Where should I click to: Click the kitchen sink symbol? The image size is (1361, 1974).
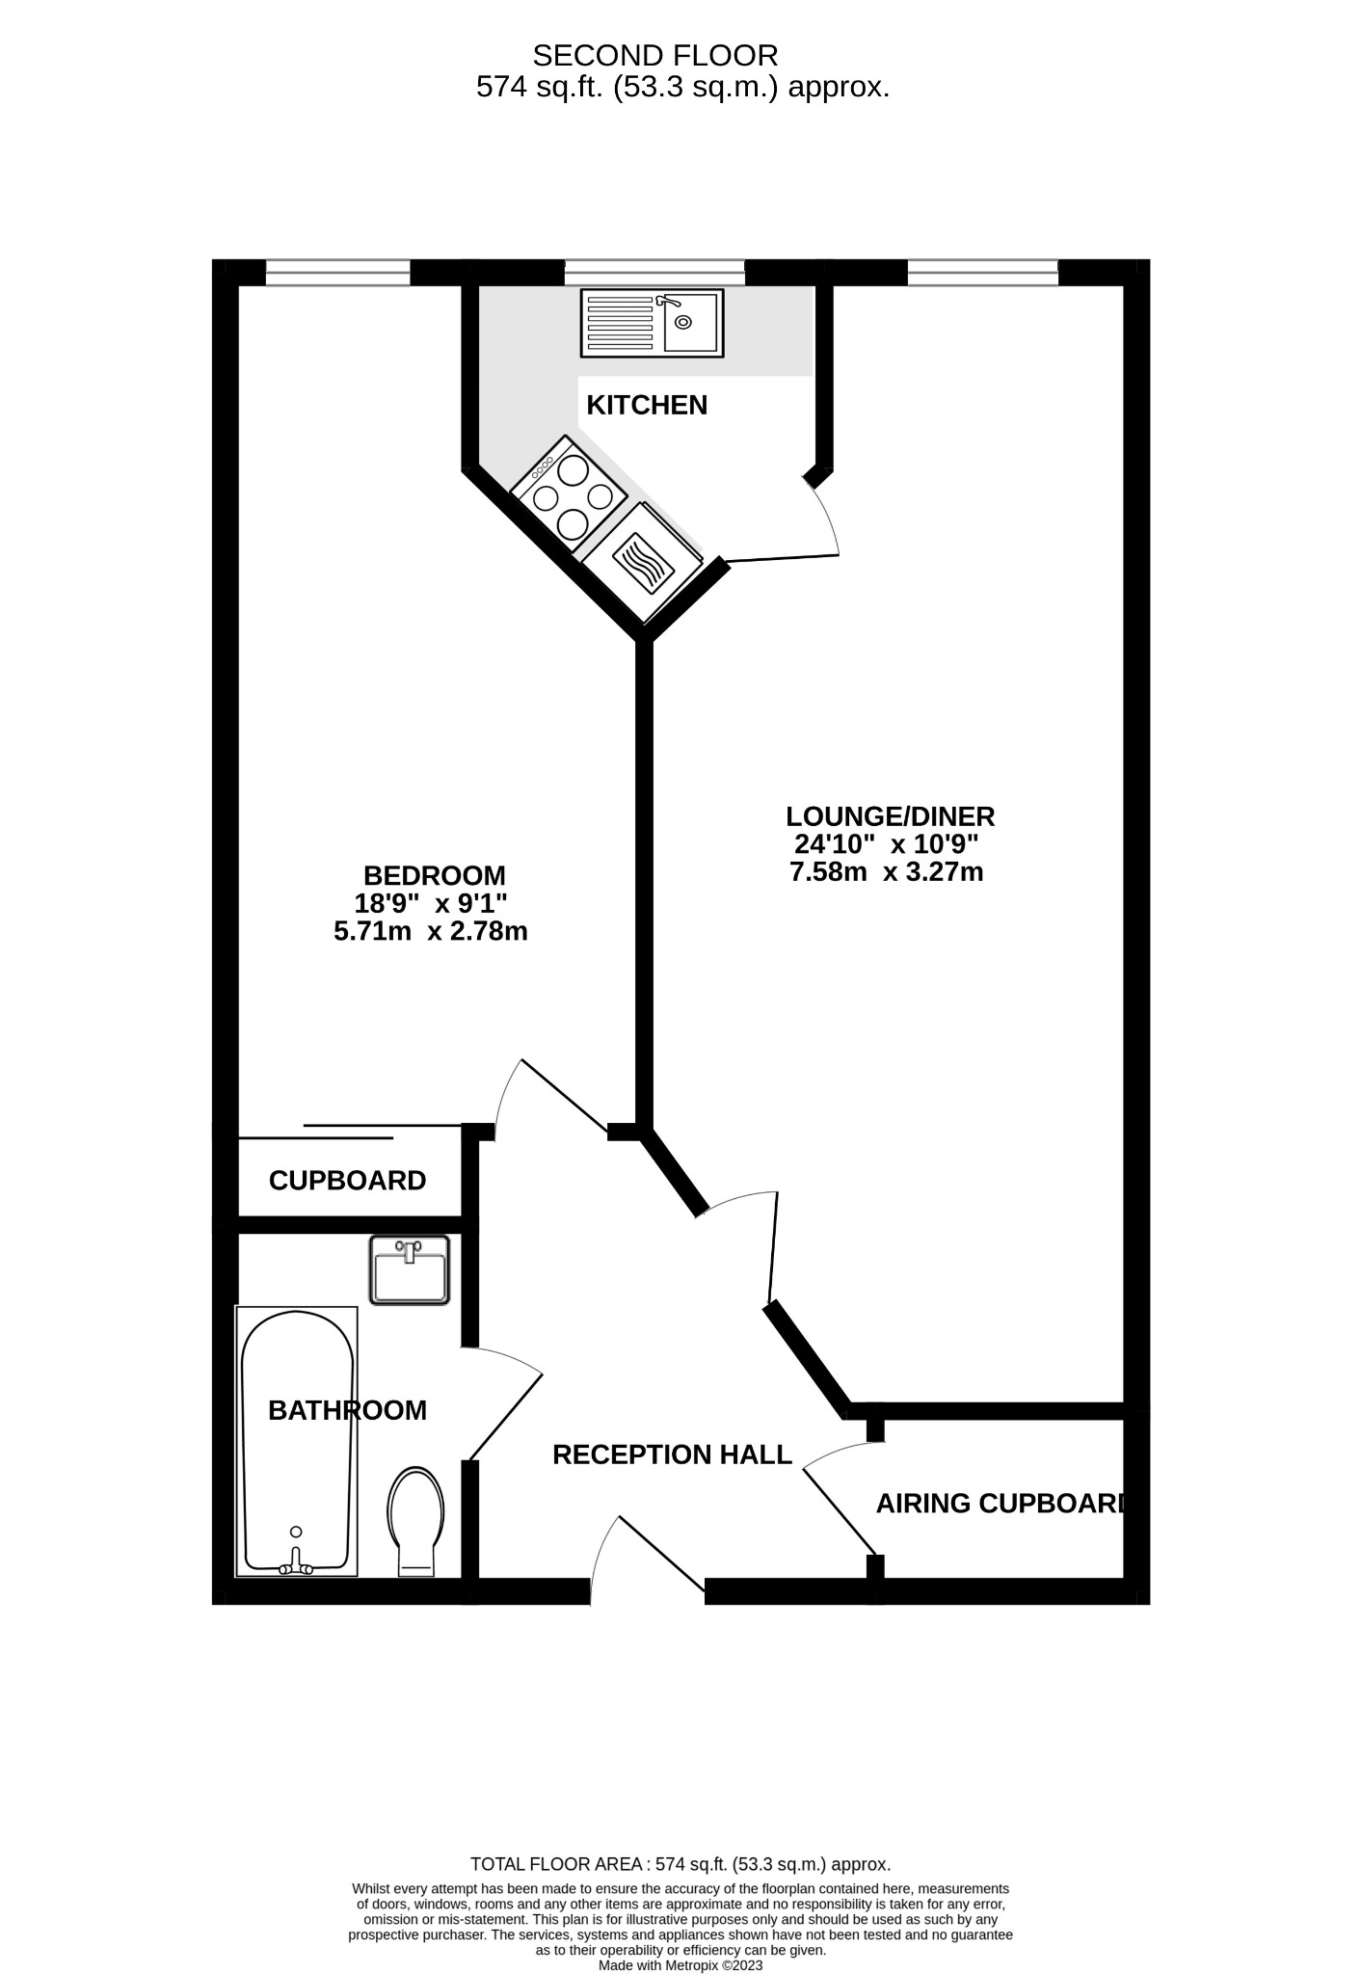click(652, 324)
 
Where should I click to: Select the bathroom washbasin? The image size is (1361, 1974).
click(410, 1271)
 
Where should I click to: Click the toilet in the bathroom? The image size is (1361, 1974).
click(415, 1522)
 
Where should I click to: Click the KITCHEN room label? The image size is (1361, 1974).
click(647, 405)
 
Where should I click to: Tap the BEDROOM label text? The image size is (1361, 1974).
click(434, 876)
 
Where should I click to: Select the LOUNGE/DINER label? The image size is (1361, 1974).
click(890, 816)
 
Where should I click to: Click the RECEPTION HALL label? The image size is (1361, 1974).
click(672, 1454)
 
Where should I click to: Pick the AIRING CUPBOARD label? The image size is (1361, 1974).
click(1000, 1503)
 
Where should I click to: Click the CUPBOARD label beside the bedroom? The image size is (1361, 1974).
click(347, 1181)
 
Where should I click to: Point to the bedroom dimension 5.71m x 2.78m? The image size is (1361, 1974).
click(430, 932)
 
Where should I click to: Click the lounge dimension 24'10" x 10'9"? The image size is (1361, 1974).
click(886, 844)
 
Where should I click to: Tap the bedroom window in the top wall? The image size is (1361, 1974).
click(337, 273)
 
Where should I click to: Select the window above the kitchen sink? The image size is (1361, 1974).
click(654, 273)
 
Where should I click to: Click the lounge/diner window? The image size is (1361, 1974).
click(982, 273)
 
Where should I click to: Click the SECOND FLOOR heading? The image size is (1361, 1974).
click(655, 55)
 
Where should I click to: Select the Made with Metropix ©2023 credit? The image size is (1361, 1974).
click(680, 1965)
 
